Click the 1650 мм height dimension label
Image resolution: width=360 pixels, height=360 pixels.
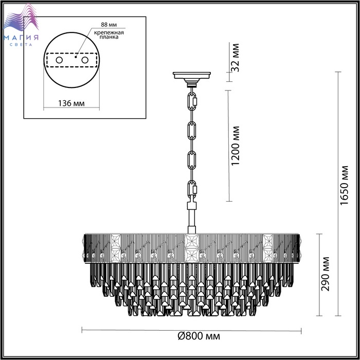tap(345, 185)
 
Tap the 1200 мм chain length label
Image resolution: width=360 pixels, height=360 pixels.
tap(235, 146)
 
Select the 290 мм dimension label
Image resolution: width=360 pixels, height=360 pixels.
tap(325, 274)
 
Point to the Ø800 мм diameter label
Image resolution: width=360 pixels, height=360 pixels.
tap(199, 336)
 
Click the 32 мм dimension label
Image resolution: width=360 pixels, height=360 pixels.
tap(235, 58)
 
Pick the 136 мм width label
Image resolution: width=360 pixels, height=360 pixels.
tap(71, 103)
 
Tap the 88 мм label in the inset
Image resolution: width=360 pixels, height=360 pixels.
tap(109, 25)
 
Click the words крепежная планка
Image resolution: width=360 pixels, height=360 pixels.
tap(109, 34)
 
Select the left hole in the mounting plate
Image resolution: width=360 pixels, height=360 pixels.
tap(59, 60)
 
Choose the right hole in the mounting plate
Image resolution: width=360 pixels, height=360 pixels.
tap(85, 60)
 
